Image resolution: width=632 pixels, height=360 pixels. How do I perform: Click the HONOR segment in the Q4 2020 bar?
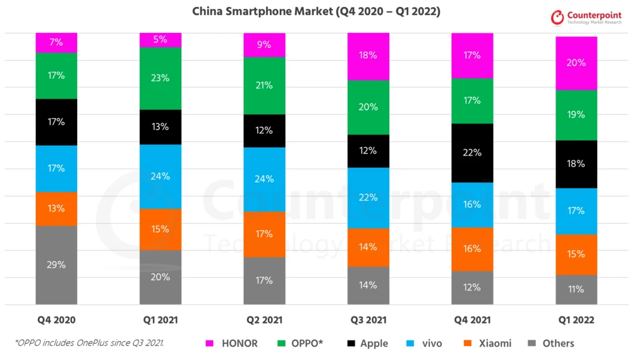tap(56, 43)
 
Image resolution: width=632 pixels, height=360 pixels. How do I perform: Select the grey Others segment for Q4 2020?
tap(56, 265)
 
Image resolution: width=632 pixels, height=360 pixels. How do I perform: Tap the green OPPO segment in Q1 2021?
tap(161, 78)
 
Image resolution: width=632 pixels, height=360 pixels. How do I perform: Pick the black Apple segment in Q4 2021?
tap(472, 153)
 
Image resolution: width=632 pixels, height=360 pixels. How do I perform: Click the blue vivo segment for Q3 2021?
tap(368, 198)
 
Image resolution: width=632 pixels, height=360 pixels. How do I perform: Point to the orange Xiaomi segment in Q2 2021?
tap(264, 234)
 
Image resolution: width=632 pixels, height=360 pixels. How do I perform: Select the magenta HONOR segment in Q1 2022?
tap(576, 63)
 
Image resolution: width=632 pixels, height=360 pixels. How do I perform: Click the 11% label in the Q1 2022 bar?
tap(576, 289)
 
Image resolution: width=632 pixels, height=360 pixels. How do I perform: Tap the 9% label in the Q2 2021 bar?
tap(264, 45)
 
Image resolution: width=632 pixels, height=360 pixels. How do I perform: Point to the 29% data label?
tap(56, 265)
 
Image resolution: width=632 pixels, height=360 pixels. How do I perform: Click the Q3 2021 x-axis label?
tap(368, 320)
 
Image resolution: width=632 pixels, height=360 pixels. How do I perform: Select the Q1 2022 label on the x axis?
tap(576, 320)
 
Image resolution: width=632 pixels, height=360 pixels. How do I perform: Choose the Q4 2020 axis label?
tap(56, 320)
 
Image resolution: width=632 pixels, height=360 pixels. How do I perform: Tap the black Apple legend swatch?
tap(351, 344)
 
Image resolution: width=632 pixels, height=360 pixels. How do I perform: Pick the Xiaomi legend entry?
tap(487, 344)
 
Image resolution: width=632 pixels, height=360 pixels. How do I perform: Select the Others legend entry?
tap(550, 344)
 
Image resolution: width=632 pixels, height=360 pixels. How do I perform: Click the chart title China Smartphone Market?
tap(316, 11)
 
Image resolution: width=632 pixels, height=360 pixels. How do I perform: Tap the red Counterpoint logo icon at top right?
tap(557, 18)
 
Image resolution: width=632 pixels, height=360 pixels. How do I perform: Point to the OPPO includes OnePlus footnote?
tap(89, 343)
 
